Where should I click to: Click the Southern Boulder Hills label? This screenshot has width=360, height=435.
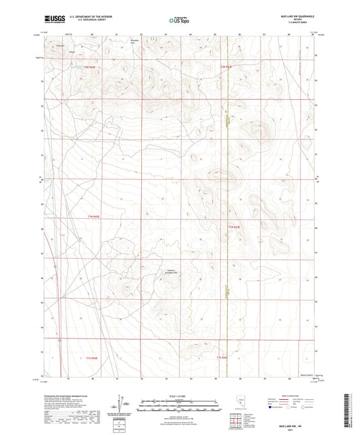(x=170, y=272)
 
